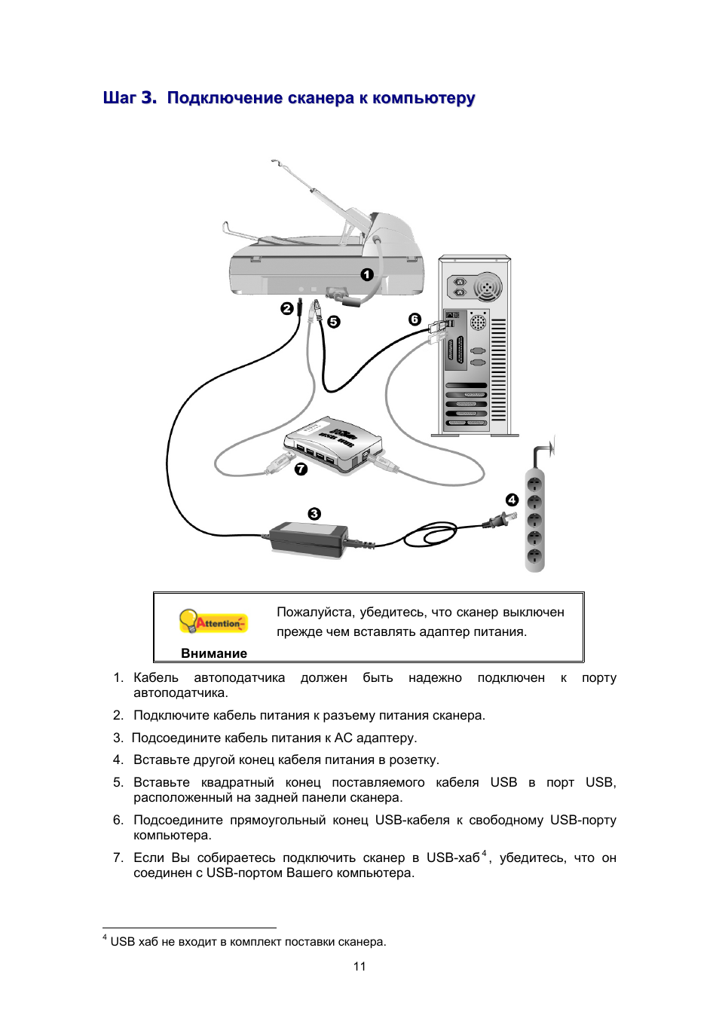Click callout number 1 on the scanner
point(367,274)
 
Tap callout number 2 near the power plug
point(286,308)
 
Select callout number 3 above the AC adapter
point(314,513)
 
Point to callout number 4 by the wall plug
point(512,500)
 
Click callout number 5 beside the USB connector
point(333,322)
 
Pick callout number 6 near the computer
point(415,319)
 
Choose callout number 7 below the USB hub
point(301,469)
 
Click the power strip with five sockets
point(534,520)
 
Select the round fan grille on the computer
point(488,287)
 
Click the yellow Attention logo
point(213,622)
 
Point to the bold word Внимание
point(214,653)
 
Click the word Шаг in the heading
point(119,98)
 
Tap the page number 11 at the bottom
point(359,966)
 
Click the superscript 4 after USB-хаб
point(484,854)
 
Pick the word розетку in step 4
point(413,760)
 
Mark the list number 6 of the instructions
point(118,820)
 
